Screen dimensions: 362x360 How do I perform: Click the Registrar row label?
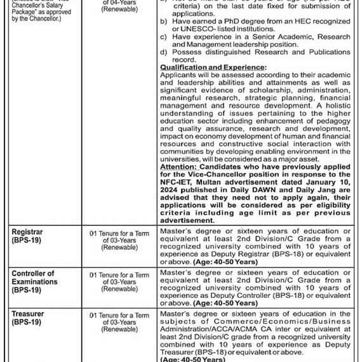click(27, 232)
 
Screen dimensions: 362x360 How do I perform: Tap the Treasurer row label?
click(28, 313)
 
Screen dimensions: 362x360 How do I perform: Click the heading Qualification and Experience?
click(213, 67)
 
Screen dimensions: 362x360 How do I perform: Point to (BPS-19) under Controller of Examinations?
click(26, 290)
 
